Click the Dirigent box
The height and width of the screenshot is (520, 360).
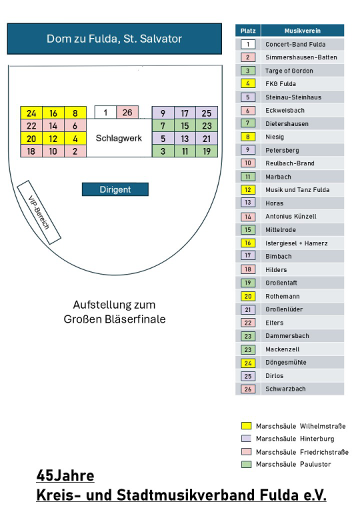point(115,189)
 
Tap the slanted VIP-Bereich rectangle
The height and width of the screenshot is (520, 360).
point(39,212)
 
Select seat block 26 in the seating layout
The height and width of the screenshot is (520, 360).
point(127,113)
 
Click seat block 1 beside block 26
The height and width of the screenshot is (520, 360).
point(105,113)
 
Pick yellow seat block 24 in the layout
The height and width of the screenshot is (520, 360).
point(31,113)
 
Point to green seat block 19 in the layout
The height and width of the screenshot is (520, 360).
point(207,151)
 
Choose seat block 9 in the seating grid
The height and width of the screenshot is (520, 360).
point(163,113)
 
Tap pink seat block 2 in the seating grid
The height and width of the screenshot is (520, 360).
point(75,151)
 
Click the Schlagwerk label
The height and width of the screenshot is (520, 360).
point(119,138)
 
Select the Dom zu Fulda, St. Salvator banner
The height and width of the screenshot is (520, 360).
point(115,39)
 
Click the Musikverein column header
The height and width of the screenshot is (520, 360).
point(302,31)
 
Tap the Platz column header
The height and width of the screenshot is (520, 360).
point(248,31)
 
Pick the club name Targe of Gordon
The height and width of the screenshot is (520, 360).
point(289,71)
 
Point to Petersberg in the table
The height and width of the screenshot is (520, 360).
point(282,150)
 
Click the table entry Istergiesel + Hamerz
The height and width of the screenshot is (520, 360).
point(297,243)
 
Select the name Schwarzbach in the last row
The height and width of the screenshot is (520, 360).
point(285,389)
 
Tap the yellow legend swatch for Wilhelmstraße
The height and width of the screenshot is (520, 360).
point(246,426)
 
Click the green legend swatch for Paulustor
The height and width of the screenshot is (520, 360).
point(246,464)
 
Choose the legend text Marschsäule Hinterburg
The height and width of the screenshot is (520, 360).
point(295,439)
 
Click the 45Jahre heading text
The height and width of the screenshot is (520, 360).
point(65,475)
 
